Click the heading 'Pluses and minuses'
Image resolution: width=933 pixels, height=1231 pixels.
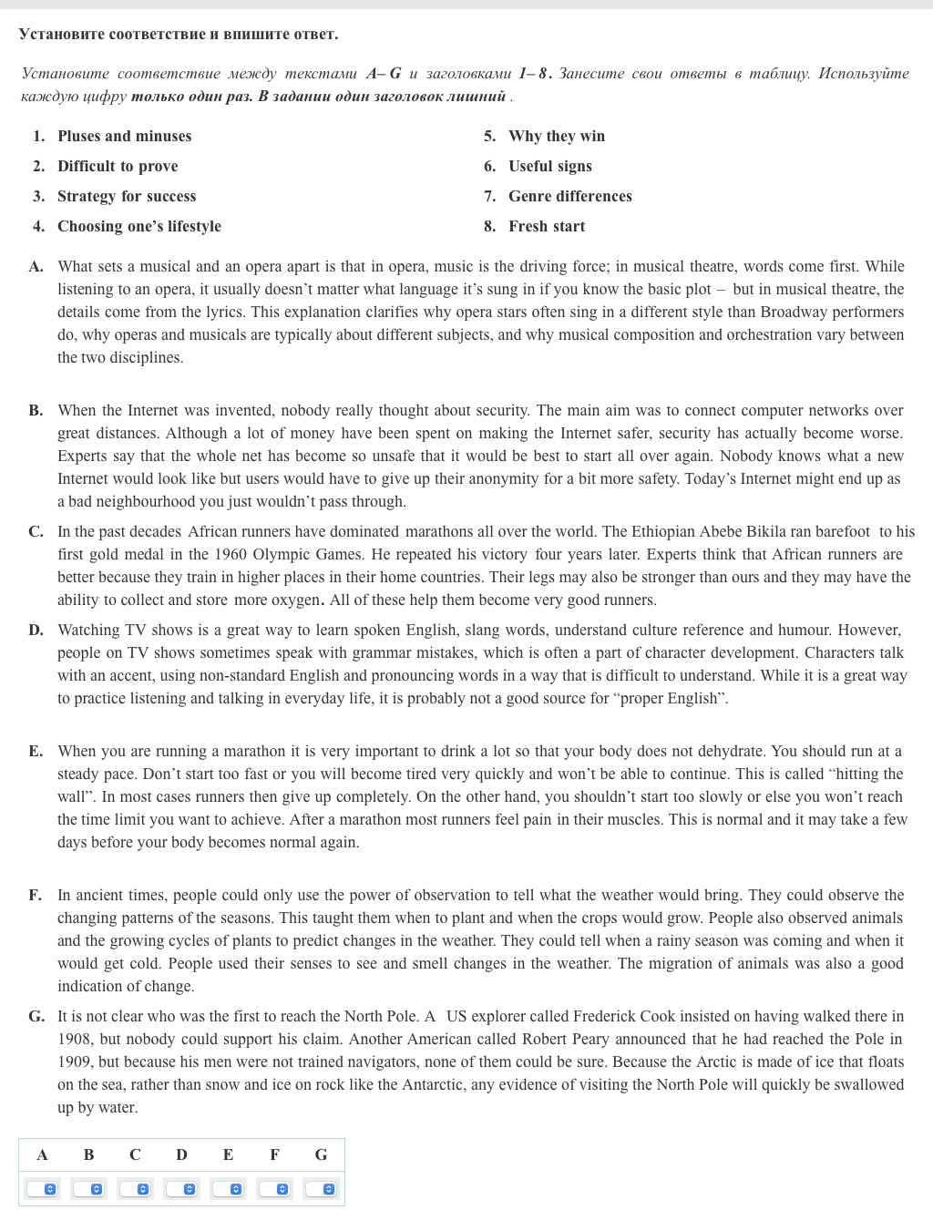click(124, 136)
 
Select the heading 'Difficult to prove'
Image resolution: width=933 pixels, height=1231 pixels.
click(118, 166)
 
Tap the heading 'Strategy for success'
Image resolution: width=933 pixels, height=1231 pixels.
click(127, 196)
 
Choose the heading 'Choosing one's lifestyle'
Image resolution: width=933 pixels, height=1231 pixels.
click(138, 226)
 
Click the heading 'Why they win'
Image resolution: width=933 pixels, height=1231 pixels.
click(556, 136)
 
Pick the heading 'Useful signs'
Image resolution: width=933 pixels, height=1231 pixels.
click(549, 166)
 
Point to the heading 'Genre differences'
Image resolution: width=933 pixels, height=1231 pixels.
click(569, 196)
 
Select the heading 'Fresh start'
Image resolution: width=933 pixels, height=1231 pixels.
click(547, 226)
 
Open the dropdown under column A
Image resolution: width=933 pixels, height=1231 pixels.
click(42, 1189)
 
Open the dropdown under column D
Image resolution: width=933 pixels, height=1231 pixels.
click(181, 1189)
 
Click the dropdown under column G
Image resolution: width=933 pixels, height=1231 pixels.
click(321, 1189)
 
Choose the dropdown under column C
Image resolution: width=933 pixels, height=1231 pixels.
click(135, 1189)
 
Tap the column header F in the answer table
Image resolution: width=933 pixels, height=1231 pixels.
click(274, 1154)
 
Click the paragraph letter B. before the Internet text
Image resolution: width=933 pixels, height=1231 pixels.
click(36, 410)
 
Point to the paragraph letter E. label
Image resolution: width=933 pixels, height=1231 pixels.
click(36, 751)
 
